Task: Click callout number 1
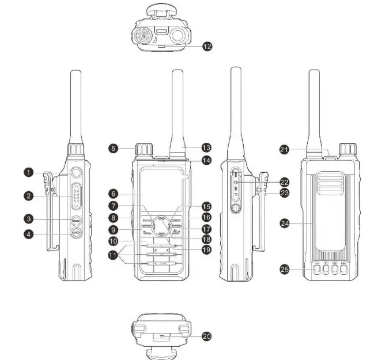tap(28, 172)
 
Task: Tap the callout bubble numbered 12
tap(207, 46)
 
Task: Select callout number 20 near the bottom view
tap(207, 336)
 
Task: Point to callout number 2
tap(28, 196)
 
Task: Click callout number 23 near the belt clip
tap(284, 193)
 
